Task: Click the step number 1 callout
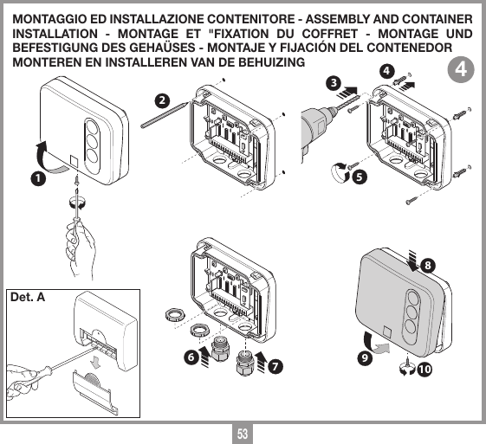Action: tap(36, 179)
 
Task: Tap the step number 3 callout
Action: tap(332, 83)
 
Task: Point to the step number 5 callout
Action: tap(359, 177)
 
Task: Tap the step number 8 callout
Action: tap(429, 262)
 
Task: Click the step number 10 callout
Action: tap(424, 370)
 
